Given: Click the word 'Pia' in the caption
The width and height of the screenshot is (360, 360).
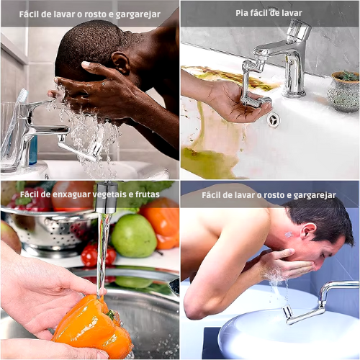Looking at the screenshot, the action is [241, 13].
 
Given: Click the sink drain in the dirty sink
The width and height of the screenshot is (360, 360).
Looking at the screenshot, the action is [274, 120].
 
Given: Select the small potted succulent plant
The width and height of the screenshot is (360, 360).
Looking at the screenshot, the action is [343, 91].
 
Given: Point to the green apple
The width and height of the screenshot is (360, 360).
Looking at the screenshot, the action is [133, 235].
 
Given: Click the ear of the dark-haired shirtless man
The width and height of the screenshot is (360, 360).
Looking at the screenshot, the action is [308, 231].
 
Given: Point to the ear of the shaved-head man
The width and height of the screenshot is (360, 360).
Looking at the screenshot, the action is [121, 63].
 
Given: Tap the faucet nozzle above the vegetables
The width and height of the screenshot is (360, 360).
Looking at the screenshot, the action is [106, 197].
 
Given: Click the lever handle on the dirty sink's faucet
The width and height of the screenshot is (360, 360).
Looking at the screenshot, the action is [299, 30].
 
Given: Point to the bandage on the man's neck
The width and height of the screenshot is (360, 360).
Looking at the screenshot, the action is [289, 234].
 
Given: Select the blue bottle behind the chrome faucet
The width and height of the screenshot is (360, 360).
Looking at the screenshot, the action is [33, 150].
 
